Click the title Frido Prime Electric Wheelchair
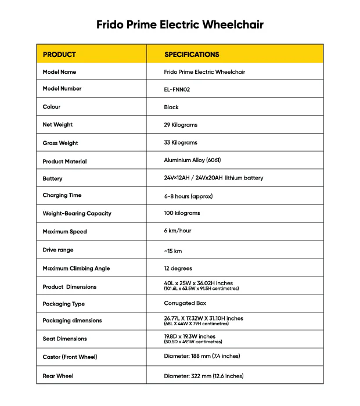click(x=180, y=25)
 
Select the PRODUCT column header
click(x=59, y=55)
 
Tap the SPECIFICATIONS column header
click(x=192, y=55)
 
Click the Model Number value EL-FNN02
click(x=177, y=89)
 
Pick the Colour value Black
click(x=171, y=107)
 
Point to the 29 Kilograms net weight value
click(x=181, y=125)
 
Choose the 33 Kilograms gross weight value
click(x=181, y=143)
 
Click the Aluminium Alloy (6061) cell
click(x=192, y=160)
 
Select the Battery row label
click(x=52, y=179)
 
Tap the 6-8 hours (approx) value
click(x=188, y=196)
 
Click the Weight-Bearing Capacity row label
click(x=77, y=214)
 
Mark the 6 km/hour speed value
click(x=178, y=231)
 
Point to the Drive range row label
click(x=58, y=250)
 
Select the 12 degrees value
click(x=178, y=268)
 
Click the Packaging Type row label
click(x=63, y=304)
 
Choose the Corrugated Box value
click(x=185, y=303)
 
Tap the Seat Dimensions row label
click(x=64, y=339)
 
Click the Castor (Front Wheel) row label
click(x=70, y=357)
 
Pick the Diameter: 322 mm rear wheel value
click(x=204, y=376)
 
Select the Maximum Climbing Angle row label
click(x=76, y=269)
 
